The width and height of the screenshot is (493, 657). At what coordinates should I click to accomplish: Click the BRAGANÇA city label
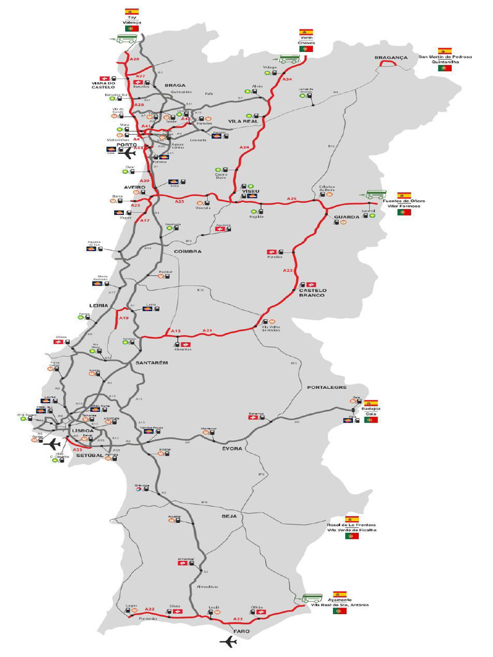pyautogui.click(x=391, y=58)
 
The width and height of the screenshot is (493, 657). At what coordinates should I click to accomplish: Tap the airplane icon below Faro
pyautogui.click(x=228, y=642)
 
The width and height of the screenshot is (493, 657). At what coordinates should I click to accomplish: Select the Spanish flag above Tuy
pyautogui.click(x=132, y=12)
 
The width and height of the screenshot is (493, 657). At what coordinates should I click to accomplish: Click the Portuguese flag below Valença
pyautogui.click(x=133, y=29)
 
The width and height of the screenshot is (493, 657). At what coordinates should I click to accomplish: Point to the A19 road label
pyautogui.click(x=124, y=318)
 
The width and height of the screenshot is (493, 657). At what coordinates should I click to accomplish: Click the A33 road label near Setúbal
pyautogui.click(x=77, y=450)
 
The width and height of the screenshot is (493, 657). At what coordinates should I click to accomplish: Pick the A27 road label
pyautogui.click(x=140, y=76)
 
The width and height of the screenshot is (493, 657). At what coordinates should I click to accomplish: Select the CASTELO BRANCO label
pyautogui.click(x=312, y=293)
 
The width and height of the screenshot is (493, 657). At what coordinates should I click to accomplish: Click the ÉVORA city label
pyautogui.click(x=232, y=448)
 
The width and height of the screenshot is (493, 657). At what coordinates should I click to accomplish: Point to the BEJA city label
pyautogui.click(x=229, y=516)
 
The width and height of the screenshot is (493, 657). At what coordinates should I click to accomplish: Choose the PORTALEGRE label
pyautogui.click(x=327, y=388)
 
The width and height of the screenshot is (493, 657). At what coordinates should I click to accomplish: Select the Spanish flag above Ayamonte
pyautogui.click(x=340, y=595)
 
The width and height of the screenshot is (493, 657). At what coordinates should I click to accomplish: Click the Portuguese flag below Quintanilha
pyautogui.click(x=444, y=68)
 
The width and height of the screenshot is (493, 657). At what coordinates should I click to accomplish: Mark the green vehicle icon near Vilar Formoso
pyautogui.click(x=376, y=194)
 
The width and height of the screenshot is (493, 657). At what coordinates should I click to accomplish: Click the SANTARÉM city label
pyautogui.click(x=152, y=363)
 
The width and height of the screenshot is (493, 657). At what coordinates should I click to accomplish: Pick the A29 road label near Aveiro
pyautogui.click(x=145, y=181)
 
